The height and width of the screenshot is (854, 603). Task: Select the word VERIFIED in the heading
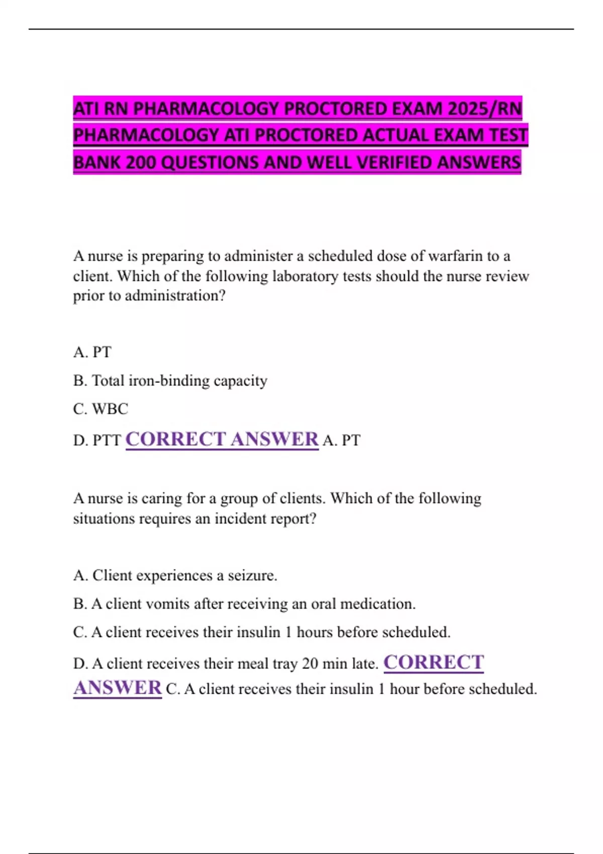tap(394, 162)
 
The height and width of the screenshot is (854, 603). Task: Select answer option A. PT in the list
tap(92, 352)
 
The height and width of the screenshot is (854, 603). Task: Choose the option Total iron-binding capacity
tap(179, 381)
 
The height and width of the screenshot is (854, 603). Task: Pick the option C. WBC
tap(100, 409)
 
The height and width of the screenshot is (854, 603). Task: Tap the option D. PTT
tap(97, 441)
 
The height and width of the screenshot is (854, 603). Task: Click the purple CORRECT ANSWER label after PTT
tap(222, 440)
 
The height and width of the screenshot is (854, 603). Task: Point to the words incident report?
tap(265, 518)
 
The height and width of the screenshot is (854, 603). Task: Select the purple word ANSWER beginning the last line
tap(118, 688)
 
